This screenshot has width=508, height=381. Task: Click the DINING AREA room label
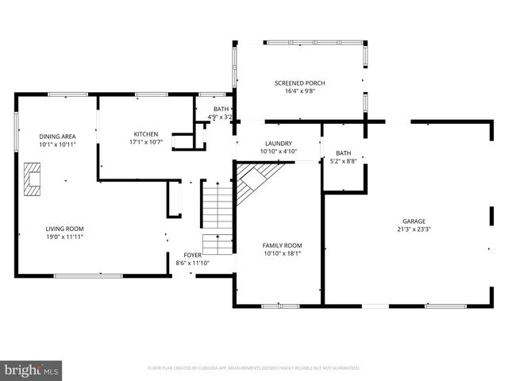(x=52, y=137)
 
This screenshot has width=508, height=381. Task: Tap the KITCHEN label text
(x=145, y=134)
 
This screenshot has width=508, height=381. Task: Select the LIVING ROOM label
(x=63, y=228)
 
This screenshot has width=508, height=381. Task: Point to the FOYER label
(x=192, y=255)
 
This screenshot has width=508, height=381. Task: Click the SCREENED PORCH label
(x=299, y=83)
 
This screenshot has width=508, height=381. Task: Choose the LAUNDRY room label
(x=278, y=143)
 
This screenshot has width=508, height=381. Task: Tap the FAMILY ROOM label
(x=282, y=246)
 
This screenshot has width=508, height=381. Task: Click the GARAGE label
(x=414, y=221)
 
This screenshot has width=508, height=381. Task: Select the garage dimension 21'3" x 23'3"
(x=414, y=230)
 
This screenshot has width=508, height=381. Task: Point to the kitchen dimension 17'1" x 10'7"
(x=145, y=143)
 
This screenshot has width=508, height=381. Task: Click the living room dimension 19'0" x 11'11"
(x=63, y=237)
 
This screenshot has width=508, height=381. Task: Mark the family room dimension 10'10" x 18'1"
(x=282, y=255)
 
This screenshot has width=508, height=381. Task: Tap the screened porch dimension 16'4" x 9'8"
(x=299, y=92)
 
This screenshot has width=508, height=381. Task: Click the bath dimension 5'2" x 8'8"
(x=343, y=161)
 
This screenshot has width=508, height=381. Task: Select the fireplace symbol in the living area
(x=32, y=179)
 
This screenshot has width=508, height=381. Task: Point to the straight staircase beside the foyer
(x=215, y=214)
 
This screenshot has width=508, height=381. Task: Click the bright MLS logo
(x=32, y=370)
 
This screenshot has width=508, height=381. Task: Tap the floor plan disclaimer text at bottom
(x=254, y=368)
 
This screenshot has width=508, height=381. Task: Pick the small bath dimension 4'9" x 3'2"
(x=220, y=117)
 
